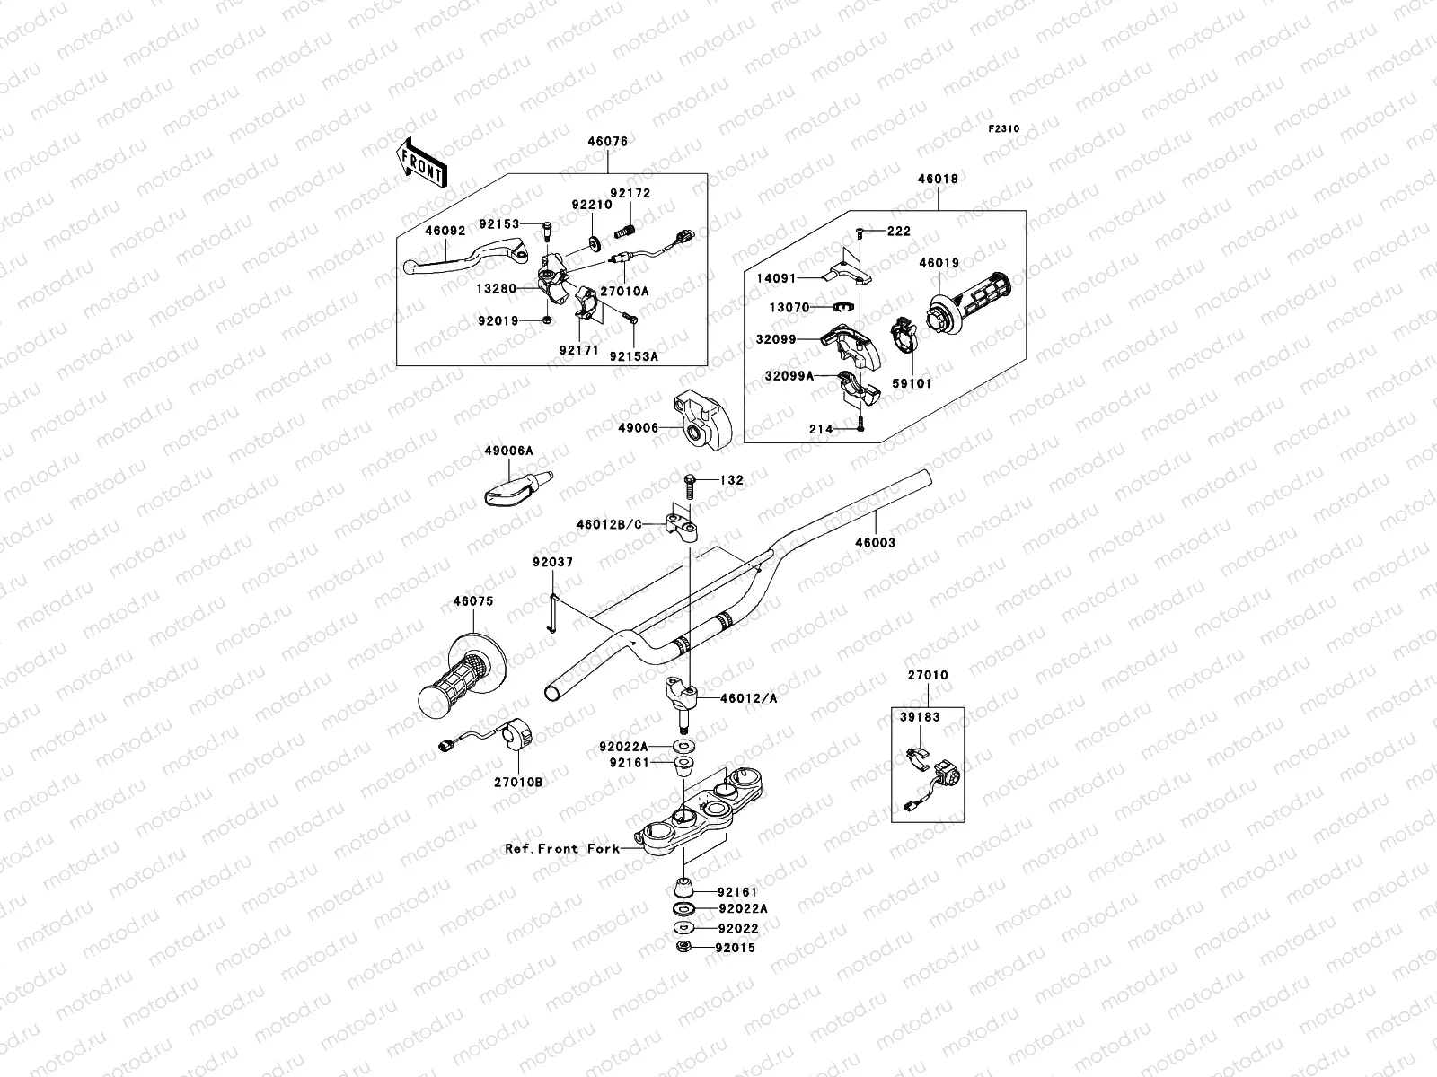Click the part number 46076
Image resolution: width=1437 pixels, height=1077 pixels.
pos(607,142)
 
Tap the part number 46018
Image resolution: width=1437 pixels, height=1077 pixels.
pos(938,179)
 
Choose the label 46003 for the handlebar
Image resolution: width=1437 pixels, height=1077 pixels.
pos(875,543)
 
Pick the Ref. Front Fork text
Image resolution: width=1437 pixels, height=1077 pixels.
pos(562,848)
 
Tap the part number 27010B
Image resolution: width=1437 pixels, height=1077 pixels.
pos(517,783)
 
